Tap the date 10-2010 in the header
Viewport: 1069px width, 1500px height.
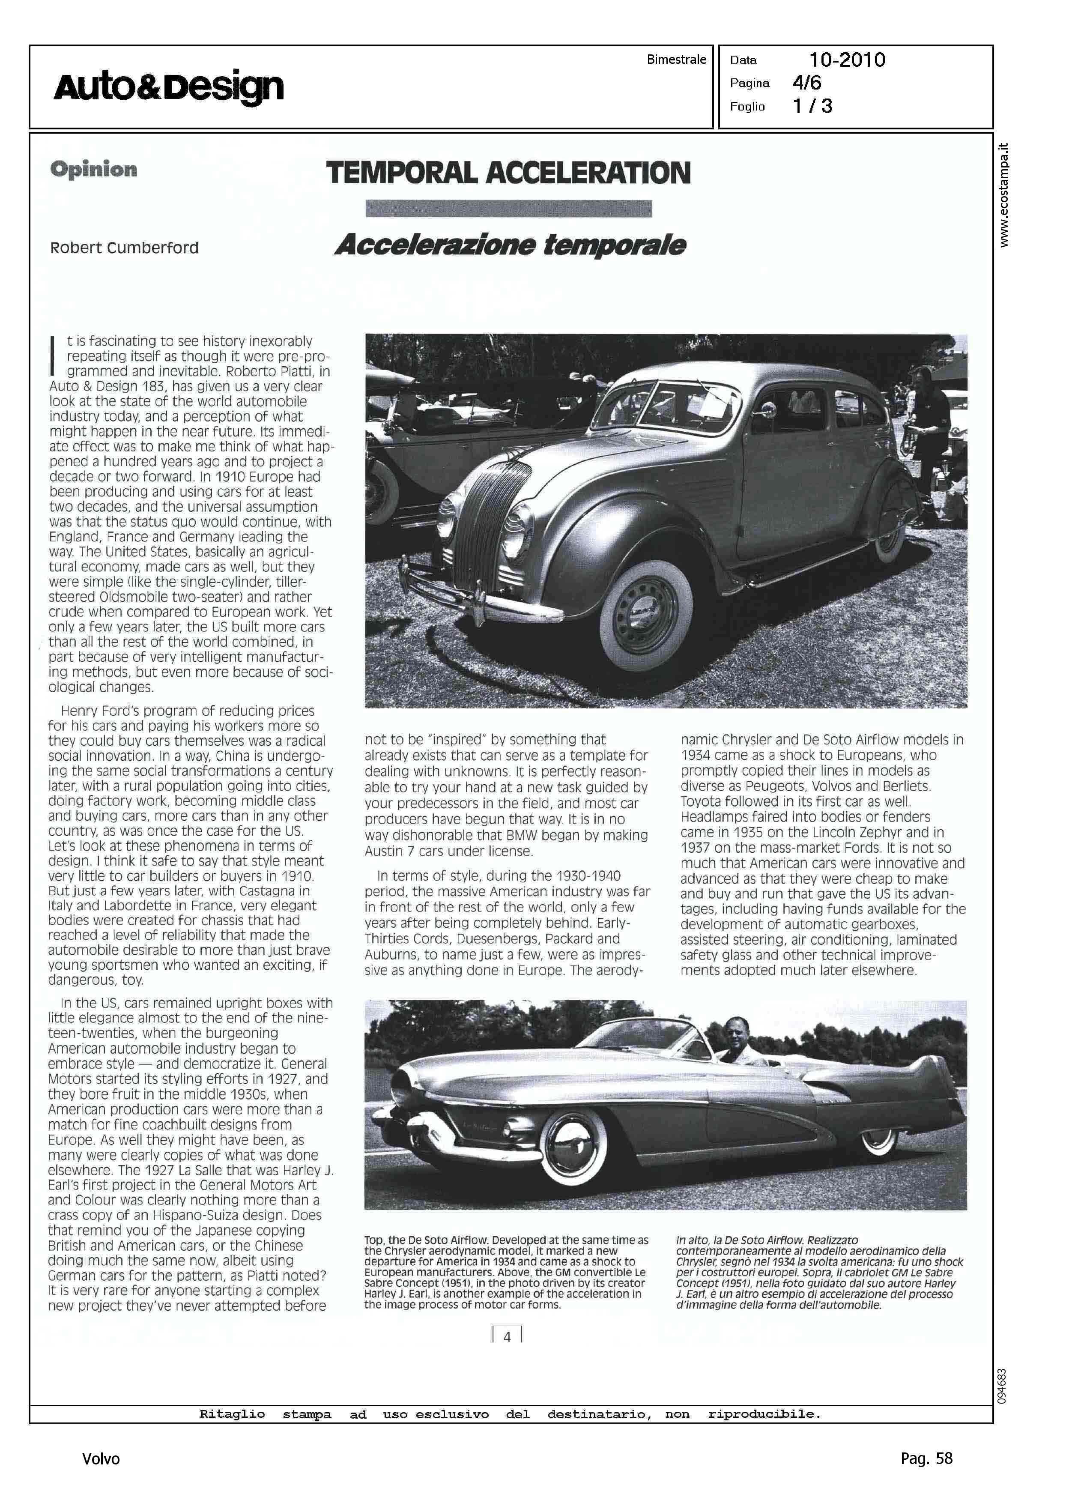(x=847, y=60)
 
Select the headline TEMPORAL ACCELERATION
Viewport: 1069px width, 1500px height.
(x=508, y=173)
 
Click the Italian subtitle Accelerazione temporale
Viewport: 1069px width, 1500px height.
(x=510, y=245)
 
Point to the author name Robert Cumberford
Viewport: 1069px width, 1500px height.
(x=124, y=248)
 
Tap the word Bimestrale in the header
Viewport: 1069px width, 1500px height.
(x=676, y=59)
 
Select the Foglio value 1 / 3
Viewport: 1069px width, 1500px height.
(x=812, y=106)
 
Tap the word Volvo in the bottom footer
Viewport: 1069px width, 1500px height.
(x=101, y=1459)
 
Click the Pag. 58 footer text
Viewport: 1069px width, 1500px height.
(x=926, y=1458)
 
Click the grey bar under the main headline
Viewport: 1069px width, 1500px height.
(x=508, y=209)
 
